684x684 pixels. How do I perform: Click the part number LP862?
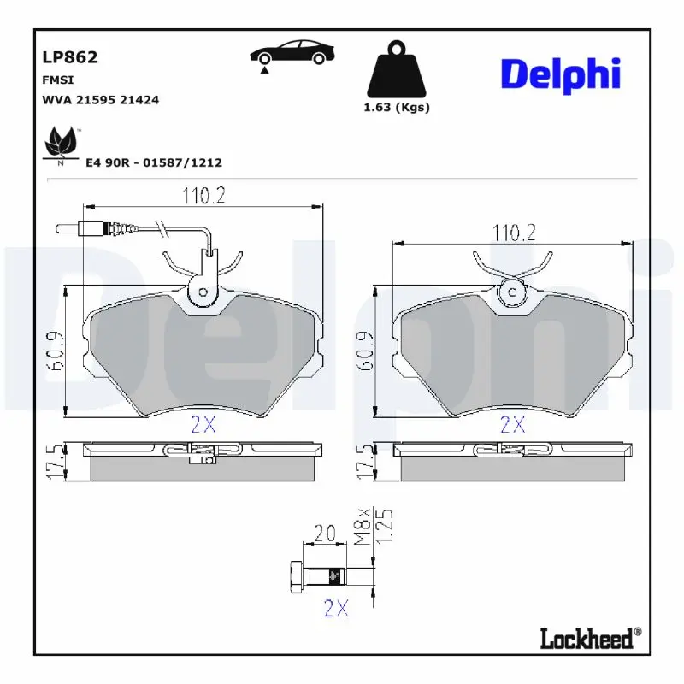click(70, 57)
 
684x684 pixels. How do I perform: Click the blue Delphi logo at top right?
click(560, 75)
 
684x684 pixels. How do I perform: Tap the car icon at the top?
click(291, 52)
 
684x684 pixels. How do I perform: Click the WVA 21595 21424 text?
click(100, 100)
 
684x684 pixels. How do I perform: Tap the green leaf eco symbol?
click(62, 143)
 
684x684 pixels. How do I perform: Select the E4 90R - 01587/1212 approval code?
click(154, 162)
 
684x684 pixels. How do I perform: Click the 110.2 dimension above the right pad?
click(513, 232)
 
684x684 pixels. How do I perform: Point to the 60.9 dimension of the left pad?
click(52, 351)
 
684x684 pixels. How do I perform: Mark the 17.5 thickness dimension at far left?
click(53, 461)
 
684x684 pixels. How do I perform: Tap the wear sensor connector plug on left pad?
click(89, 228)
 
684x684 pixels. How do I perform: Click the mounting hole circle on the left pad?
click(203, 292)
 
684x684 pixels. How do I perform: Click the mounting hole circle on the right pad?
click(513, 292)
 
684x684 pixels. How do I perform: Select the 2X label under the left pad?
click(203, 423)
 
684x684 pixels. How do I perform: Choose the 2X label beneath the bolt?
click(336, 608)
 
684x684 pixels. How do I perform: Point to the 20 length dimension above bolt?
click(324, 534)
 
